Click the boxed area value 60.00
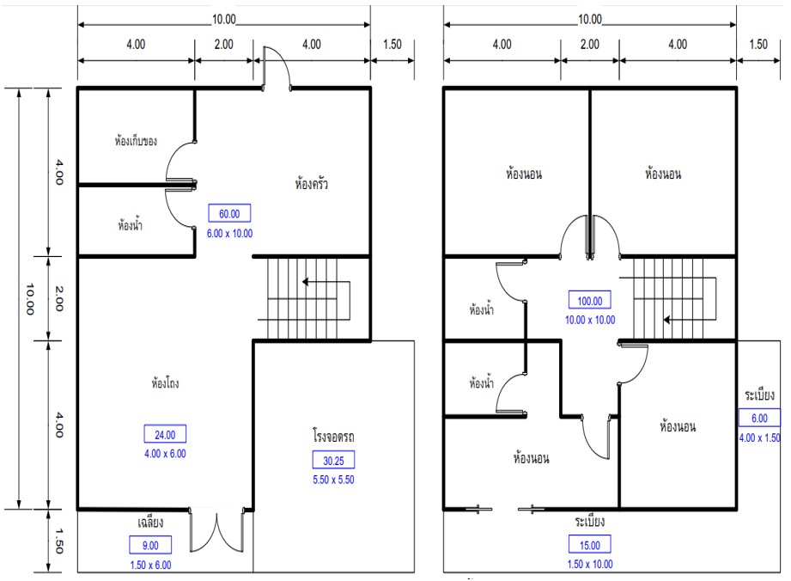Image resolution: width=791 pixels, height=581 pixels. click(229, 213)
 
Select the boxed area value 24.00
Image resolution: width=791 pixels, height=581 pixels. click(165, 435)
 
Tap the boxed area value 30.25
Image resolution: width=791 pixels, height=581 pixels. click(333, 461)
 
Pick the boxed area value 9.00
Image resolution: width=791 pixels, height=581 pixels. click(150, 545)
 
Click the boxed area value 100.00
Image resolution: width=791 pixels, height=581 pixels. click(590, 301)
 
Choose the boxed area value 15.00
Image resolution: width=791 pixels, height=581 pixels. click(590, 545)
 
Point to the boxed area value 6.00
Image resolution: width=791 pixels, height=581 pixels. click(759, 418)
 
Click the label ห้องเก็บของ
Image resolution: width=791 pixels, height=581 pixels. click(136, 140)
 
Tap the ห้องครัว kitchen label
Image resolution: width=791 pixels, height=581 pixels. click(311, 183)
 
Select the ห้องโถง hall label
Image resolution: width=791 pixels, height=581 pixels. click(165, 382)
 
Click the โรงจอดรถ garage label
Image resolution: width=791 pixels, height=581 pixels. click(333, 436)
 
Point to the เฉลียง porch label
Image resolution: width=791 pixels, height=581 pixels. click(150, 522)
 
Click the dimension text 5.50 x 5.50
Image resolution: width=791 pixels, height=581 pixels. click(333, 480)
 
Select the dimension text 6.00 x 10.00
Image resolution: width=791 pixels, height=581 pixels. click(229, 233)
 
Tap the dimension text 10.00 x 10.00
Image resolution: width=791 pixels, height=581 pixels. click(590, 320)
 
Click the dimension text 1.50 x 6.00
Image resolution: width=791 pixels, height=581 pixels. click(150, 565)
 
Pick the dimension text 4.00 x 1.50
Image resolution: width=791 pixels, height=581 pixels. click(760, 437)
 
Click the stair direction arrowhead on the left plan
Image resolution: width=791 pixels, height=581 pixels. click(305, 282)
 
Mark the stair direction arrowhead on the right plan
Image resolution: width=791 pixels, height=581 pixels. click(666, 320)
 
